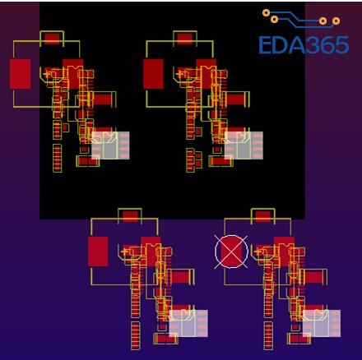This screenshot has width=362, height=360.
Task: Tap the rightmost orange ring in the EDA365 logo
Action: tap(336, 21)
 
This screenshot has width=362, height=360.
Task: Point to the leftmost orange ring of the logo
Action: tap(266, 12)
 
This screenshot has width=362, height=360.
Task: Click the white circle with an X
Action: tap(231, 252)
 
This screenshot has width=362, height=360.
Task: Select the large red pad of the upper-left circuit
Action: tap(20, 74)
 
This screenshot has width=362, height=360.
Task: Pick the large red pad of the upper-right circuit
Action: tap(153, 74)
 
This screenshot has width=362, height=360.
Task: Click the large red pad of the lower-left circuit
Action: tap(98, 252)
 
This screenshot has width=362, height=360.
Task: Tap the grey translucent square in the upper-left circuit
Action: tap(110, 145)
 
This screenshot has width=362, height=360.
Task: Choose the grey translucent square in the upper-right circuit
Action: tap(244, 145)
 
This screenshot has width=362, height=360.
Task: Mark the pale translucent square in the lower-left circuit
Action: tap(188, 323)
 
